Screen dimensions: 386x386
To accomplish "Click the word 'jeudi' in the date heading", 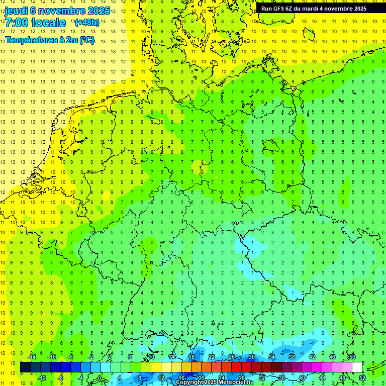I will (16, 11).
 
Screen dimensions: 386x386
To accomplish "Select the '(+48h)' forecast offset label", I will (87, 23).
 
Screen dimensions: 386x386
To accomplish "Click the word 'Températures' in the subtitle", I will (27, 40).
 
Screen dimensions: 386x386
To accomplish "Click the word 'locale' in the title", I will (48, 23).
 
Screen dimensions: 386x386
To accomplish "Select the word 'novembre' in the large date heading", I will (62, 11).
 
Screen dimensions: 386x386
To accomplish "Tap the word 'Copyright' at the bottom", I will (190, 382).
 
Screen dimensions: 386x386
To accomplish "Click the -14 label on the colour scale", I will (32, 357).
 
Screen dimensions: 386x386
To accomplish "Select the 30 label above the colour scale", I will (251, 357).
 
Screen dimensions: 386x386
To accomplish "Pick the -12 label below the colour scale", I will (42, 378).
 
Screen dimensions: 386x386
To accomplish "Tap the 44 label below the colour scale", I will (322, 378).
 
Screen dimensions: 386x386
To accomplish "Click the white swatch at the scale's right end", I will (357, 367).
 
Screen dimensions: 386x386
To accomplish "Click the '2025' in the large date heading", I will (98, 11).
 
